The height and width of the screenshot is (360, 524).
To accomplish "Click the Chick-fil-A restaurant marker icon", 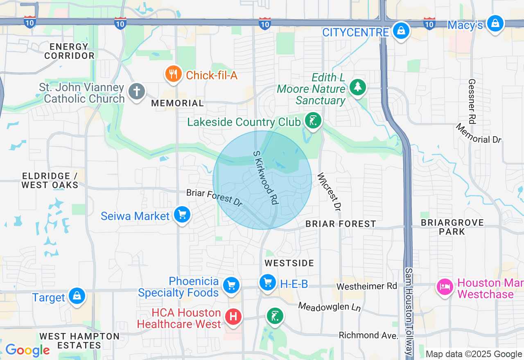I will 174,74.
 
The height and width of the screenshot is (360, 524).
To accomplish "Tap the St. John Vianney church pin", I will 137,91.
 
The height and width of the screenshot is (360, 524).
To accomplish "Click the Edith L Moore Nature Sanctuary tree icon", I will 358,86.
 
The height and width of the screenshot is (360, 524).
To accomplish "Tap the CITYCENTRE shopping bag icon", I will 401,31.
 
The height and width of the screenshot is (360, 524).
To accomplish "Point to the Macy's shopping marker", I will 495,24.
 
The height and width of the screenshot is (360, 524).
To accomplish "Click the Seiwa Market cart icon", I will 182,214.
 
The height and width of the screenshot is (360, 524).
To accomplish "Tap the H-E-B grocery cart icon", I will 268,282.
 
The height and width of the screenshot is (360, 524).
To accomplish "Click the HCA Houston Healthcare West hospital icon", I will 233,317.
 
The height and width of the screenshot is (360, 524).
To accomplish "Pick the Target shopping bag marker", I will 77,296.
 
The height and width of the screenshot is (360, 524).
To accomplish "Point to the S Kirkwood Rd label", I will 266,177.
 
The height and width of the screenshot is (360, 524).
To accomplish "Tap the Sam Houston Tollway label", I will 409,311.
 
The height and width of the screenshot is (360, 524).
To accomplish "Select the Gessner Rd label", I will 472,101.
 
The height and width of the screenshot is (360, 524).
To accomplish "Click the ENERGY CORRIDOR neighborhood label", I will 69,51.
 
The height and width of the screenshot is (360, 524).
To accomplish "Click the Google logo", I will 27,350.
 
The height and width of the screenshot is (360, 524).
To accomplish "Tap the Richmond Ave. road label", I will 368,335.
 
